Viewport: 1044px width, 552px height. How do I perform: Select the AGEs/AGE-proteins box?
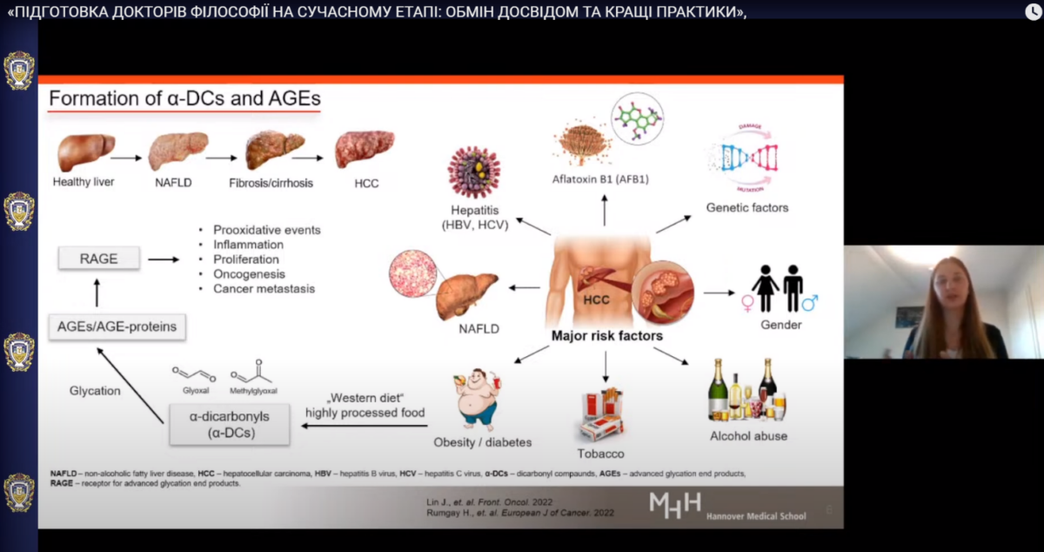tap(117, 326)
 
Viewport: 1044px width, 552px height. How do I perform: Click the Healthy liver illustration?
tap(85, 151)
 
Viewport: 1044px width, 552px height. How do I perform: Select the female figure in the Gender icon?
tap(765, 288)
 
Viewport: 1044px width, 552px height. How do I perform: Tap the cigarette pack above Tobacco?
tap(603, 415)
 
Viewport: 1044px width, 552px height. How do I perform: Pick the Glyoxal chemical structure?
tap(195, 375)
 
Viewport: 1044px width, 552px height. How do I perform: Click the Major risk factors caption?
tap(606, 335)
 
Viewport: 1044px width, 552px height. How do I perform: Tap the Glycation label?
tap(95, 391)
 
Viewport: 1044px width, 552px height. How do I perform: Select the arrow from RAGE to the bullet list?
tap(163, 259)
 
